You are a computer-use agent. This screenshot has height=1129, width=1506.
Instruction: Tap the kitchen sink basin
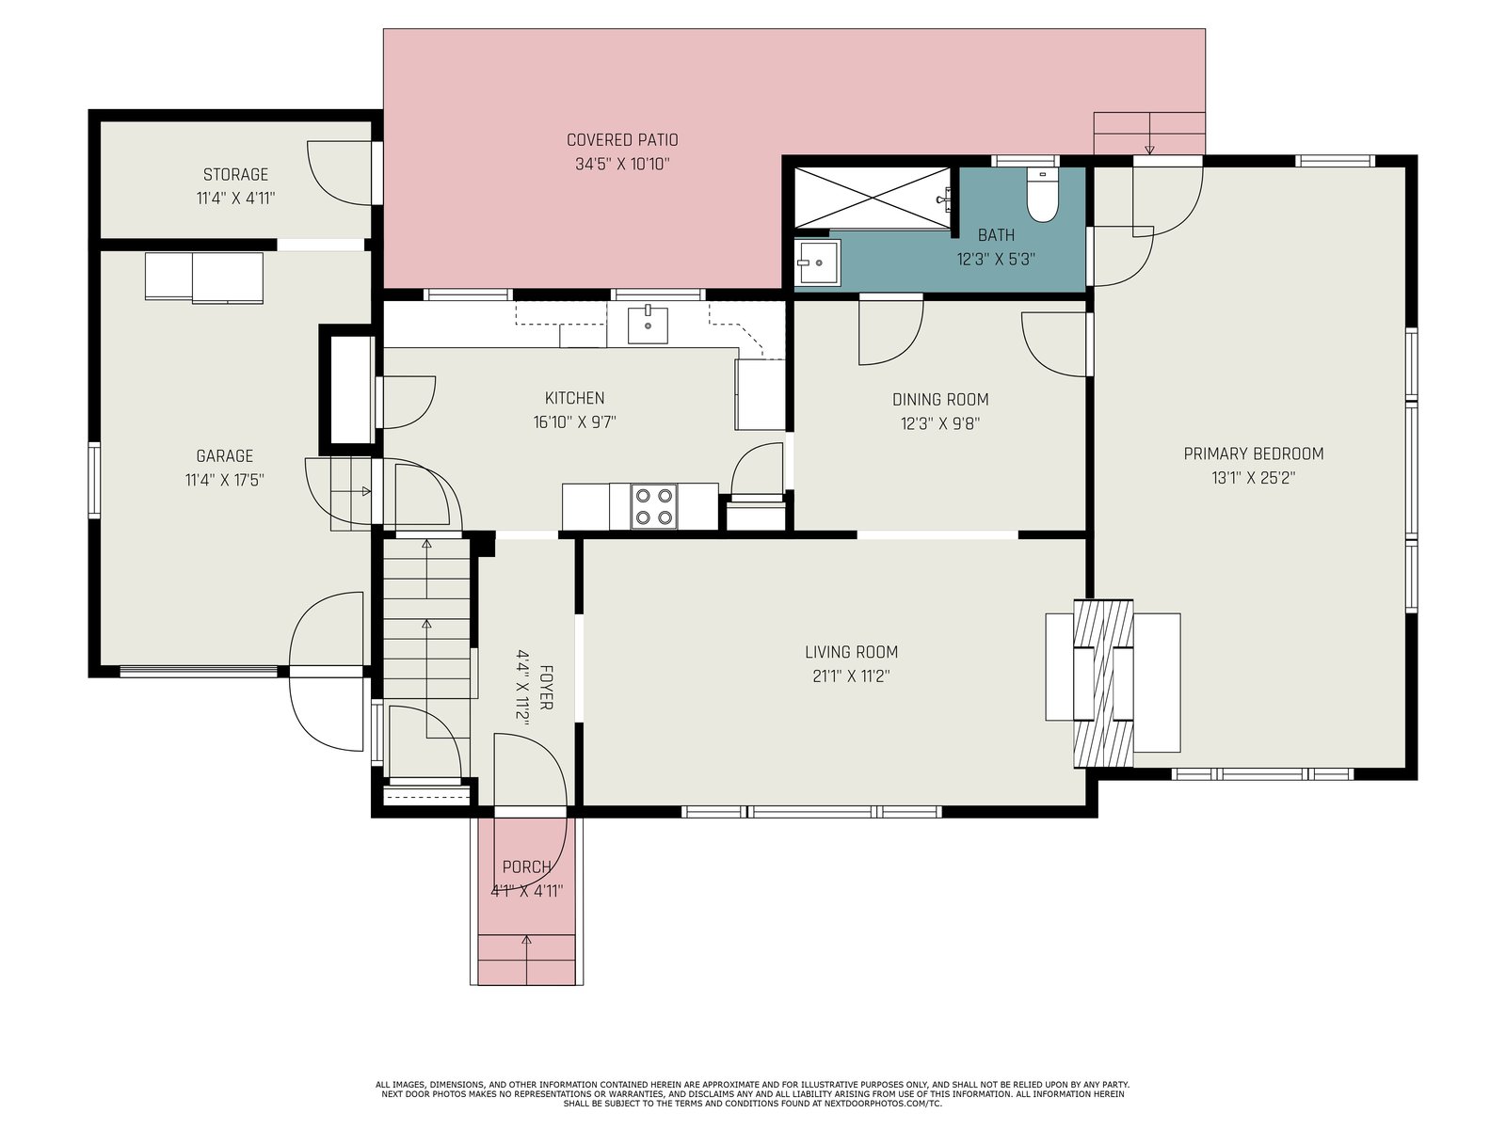tap(648, 325)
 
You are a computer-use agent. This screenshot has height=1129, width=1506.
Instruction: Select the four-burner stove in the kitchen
tap(654, 506)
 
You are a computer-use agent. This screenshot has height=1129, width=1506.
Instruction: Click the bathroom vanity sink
tap(817, 262)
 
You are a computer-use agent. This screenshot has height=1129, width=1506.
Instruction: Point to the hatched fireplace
tap(1103, 683)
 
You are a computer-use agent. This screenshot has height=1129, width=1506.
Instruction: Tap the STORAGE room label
tap(235, 174)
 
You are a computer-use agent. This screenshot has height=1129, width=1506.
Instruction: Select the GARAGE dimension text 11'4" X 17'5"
tap(224, 479)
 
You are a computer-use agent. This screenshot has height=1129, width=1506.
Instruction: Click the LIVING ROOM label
tap(852, 652)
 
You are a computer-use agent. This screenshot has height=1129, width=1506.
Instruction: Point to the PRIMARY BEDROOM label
tap(1254, 453)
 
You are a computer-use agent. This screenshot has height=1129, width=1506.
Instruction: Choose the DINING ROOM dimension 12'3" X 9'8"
tap(940, 423)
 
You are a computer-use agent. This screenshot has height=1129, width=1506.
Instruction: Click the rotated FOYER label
tap(546, 687)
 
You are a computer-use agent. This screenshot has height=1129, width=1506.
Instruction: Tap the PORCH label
tap(527, 867)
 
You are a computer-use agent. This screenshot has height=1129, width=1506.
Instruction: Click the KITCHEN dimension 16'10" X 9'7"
tap(575, 421)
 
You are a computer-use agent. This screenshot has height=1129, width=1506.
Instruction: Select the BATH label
tap(996, 235)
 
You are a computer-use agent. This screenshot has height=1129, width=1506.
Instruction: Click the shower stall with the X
tap(873, 199)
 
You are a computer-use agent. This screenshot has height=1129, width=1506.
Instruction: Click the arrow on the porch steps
tap(527, 959)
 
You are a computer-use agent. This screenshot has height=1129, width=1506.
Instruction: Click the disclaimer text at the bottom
tap(753, 1094)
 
